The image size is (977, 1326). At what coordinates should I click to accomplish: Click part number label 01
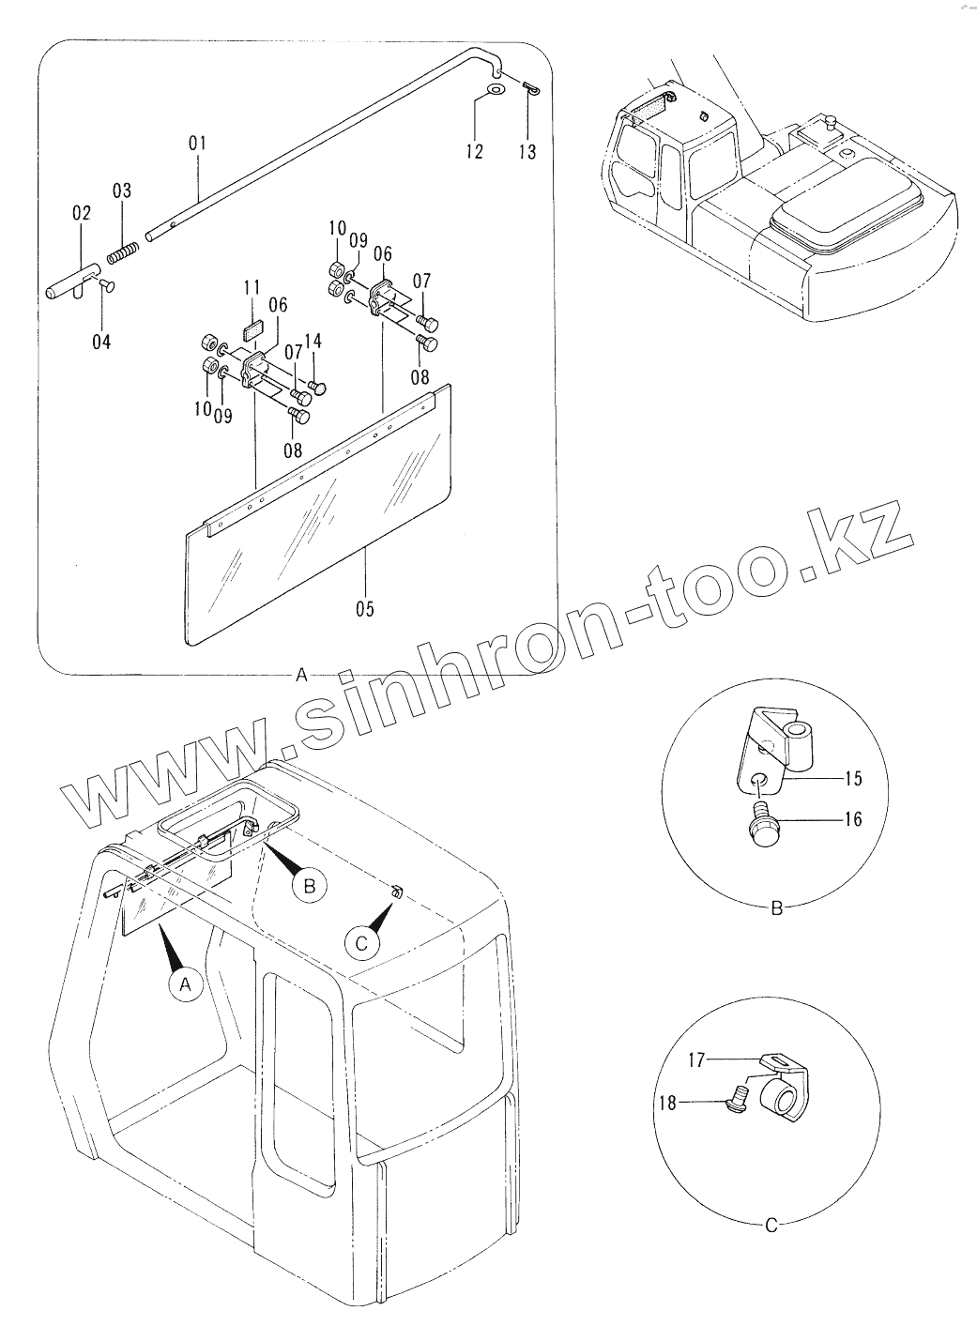(x=197, y=144)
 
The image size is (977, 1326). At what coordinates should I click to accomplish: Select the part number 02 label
(x=81, y=215)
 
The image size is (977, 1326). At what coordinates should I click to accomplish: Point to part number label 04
(x=101, y=342)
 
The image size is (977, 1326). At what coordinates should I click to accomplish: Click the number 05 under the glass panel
(x=364, y=609)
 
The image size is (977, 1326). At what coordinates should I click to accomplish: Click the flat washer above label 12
(x=495, y=89)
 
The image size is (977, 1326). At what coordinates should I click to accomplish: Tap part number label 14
(x=313, y=342)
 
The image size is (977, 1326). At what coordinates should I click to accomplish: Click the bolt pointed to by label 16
(x=763, y=825)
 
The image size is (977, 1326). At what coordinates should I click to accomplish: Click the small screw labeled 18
(x=738, y=1095)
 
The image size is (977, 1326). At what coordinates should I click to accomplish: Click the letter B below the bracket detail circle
(x=776, y=908)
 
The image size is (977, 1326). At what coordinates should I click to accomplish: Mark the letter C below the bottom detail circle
(x=771, y=1225)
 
